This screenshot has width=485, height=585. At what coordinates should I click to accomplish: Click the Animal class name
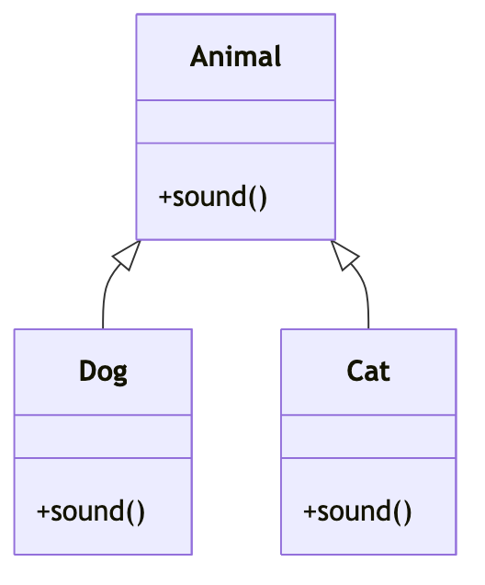(x=235, y=56)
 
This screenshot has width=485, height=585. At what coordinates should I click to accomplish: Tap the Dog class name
(x=103, y=372)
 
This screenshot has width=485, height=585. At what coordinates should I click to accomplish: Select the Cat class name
(x=368, y=372)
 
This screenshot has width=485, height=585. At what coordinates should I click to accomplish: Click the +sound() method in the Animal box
(x=213, y=197)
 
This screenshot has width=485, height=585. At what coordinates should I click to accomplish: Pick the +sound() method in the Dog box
(x=91, y=511)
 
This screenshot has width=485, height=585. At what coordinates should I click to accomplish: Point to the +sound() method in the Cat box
(x=357, y=511)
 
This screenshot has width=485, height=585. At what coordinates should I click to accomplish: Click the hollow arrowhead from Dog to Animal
(x=127, y=255)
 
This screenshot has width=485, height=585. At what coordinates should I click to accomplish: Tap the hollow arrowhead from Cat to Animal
(x=345, y=255)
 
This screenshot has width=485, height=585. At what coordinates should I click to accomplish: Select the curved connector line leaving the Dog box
(x=107, y=287)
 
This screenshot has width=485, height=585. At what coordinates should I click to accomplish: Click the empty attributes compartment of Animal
(x=236, y=121)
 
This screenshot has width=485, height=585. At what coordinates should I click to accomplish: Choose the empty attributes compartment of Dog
(x=103, y=436)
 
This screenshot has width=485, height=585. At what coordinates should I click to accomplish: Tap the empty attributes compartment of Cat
(x=368, y=436)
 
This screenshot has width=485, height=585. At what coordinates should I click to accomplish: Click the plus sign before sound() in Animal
(x=164, y=198)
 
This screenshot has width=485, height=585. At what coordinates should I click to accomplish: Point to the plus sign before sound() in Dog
(x=42, y=511)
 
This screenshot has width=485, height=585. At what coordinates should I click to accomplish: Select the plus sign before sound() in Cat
(x=310, y=511)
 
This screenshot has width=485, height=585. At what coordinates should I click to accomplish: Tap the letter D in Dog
(x=87, y=371)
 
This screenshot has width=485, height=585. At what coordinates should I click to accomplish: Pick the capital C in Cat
(x=355, y=371)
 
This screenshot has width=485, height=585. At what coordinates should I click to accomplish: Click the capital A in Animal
(x=199, y=56)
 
